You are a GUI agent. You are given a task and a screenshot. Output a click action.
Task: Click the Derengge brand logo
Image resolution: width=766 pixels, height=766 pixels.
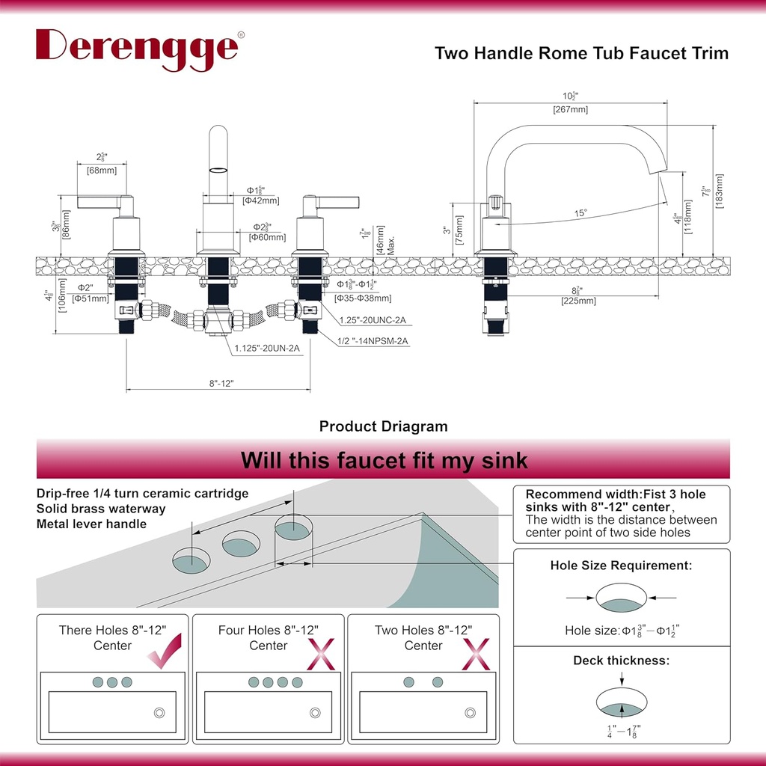tap(137, 49)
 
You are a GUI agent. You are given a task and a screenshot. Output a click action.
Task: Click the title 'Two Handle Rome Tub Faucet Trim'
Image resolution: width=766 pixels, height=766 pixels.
tap(581, 53)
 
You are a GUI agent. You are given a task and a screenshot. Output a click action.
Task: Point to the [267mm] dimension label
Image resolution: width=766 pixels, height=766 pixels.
tap(570, 109)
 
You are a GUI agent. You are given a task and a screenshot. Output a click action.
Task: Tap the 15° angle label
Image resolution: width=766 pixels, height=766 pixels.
tap(580, 213)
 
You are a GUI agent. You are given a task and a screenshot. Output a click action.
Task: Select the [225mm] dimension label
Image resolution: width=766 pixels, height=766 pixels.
tap(579, 301)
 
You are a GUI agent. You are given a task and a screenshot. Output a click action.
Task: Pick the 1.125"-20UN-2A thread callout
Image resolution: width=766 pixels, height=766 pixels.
tap(268, 349)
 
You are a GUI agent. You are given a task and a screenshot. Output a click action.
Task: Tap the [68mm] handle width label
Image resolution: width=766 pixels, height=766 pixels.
tap(101, 171)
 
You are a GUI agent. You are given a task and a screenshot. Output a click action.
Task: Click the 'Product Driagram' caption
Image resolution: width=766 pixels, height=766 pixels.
tap(383, 426)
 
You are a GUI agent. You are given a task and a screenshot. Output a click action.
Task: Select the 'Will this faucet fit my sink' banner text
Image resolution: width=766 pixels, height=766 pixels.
tap(383, 460)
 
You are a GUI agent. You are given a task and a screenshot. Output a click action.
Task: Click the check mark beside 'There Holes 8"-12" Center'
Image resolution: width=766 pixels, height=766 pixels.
tap(165, 653)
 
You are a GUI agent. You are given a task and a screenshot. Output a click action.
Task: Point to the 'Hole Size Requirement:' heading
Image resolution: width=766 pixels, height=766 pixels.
tap(621, 566)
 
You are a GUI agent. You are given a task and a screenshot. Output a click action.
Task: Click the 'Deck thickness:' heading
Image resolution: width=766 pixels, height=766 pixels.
tap(621, 661)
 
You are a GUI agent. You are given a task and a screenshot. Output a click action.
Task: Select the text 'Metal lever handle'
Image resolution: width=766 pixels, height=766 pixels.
tap(91, 524)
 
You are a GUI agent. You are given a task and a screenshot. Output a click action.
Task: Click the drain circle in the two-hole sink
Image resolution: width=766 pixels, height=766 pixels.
tap(470, 712)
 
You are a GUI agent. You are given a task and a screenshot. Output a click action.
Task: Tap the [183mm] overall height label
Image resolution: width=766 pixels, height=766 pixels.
tap(720, 191)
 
